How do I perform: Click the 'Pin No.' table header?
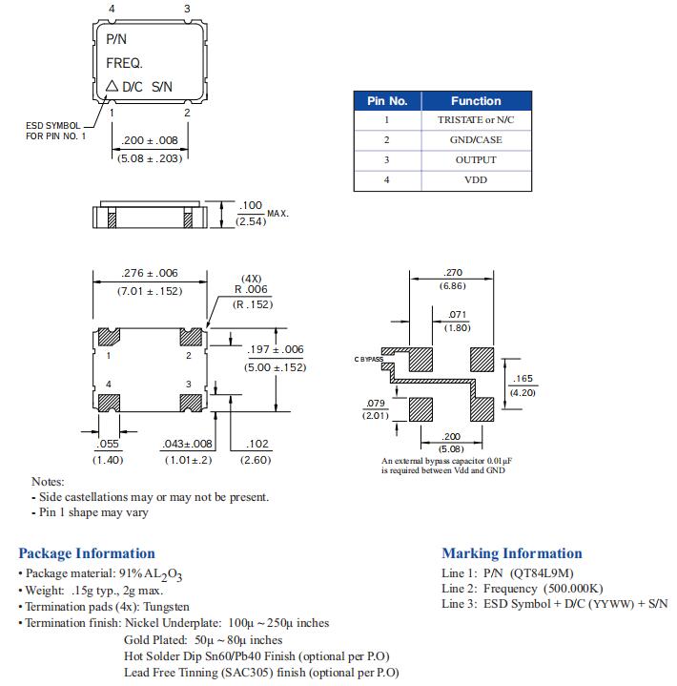click(x=387, y=100)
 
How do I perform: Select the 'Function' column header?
click(x=476, y=100)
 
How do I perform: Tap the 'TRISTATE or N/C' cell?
click(x=476, y=120)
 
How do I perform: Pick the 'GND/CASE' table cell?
click(x=476, y=140)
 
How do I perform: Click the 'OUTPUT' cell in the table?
click(x=476, y=160)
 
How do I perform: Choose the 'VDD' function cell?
click(x=476, y=179)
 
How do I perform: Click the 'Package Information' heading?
click(x=87, y=553)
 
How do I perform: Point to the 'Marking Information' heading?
click(x=511, y=553)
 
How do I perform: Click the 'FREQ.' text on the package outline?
click(x=124, y=64)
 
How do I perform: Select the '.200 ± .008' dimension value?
click(x=150, y=140)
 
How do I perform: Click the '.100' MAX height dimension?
click(x=250, y=205)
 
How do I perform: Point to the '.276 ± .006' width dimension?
click(x=150, y=273)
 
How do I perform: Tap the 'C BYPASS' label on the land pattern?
click(x=368, y=359)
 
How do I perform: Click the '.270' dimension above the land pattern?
click(x=453, y=273)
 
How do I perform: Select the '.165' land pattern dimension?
click(x=522, y=379)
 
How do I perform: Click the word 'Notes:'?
click(x=48, y=482)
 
